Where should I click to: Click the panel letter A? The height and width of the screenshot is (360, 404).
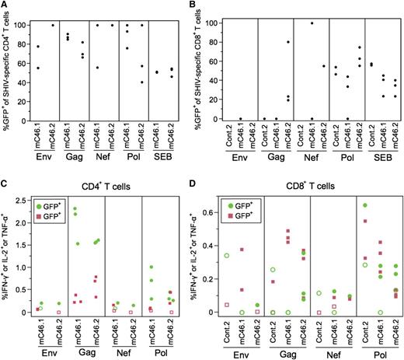(6, 6)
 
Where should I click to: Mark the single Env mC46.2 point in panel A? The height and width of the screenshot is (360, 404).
(54, 25)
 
